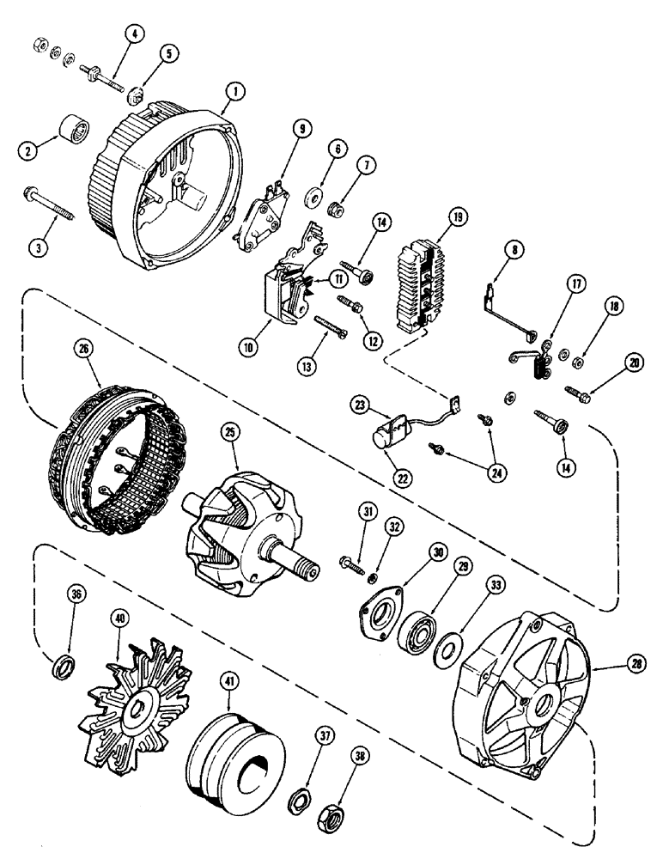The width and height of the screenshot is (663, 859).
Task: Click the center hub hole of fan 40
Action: click(137, 709)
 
